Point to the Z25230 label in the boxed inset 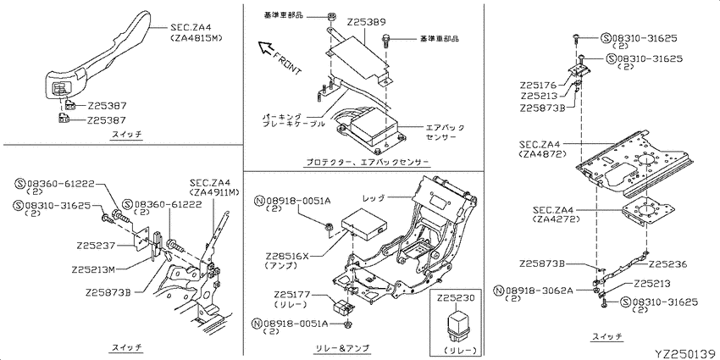[458, 297]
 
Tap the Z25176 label [539, 85]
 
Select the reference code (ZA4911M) [208, 192]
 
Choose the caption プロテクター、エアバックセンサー [362, 160]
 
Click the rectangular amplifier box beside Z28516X [363, 226]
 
